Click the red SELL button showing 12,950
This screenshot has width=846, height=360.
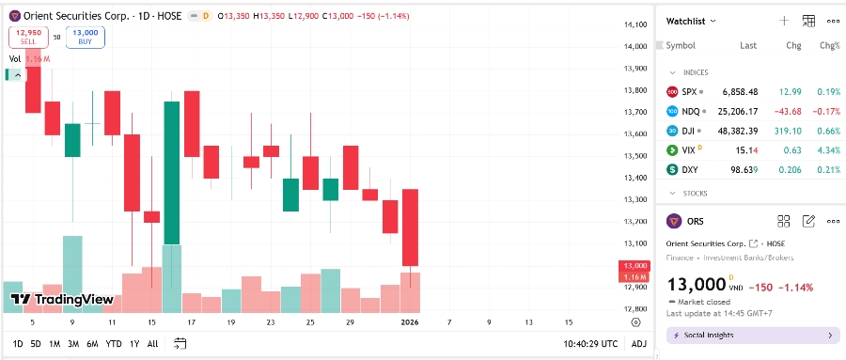[28, 37]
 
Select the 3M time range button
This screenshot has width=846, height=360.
[73, 344]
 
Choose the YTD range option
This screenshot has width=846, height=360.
[114, 344]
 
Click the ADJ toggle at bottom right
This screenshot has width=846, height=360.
[639, 344]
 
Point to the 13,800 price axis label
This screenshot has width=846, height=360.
[635, 90]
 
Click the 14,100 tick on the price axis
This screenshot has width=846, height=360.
[635, 25]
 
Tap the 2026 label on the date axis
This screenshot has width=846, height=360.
[410, 321]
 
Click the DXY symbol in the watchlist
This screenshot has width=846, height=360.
[689, 169]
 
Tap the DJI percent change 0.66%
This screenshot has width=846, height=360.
[829, 131]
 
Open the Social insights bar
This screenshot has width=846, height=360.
[752, 335]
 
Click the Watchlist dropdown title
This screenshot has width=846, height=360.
[691, 21]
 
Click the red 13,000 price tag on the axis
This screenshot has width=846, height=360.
[634, 266]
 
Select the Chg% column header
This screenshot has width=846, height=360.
[829, 45]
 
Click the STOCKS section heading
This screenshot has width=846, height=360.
[695, 194]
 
